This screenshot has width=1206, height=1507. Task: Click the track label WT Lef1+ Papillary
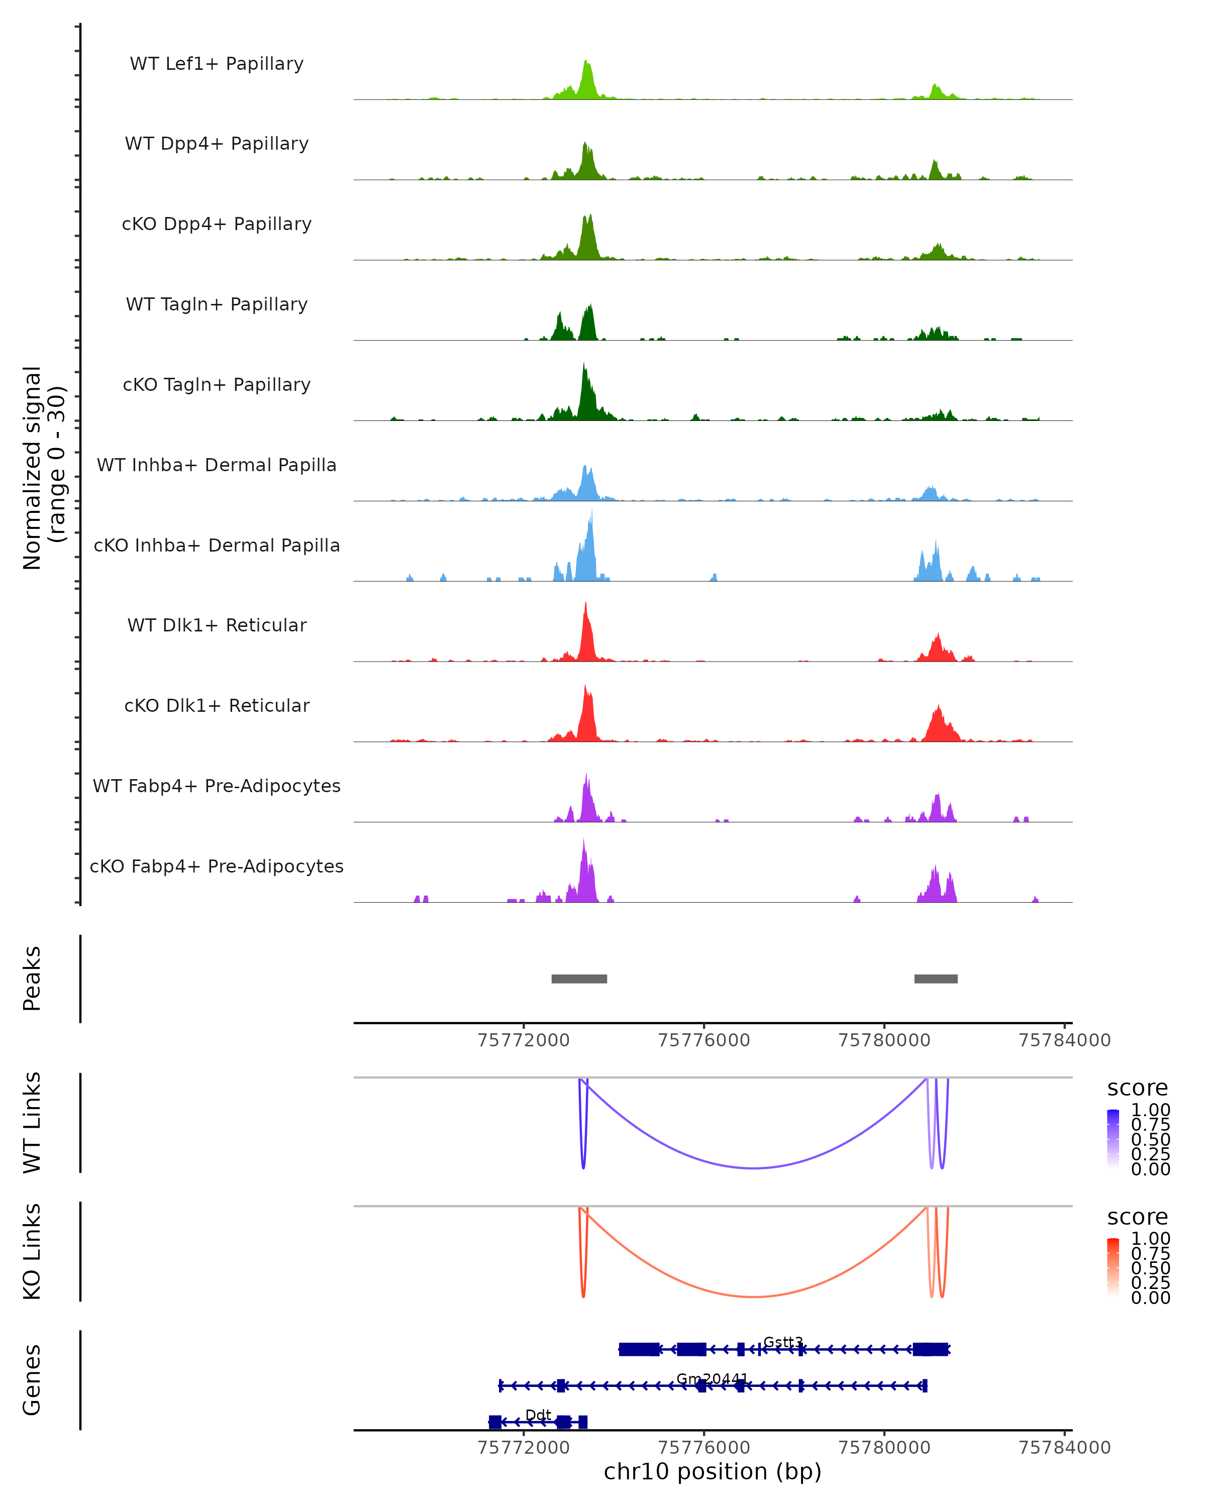217,64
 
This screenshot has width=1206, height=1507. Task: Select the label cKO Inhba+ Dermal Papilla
217,545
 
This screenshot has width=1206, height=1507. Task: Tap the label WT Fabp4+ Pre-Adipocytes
217,786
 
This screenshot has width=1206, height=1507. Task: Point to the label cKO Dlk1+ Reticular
217,705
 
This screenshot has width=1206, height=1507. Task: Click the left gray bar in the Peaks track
579,979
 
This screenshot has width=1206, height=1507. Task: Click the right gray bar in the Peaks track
936,979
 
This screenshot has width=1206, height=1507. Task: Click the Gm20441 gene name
712,1379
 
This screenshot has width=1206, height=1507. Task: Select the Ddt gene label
538,1415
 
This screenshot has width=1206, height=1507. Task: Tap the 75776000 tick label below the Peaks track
703,1040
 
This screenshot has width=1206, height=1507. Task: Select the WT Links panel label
32,1123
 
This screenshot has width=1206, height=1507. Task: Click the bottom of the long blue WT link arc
753,1168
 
